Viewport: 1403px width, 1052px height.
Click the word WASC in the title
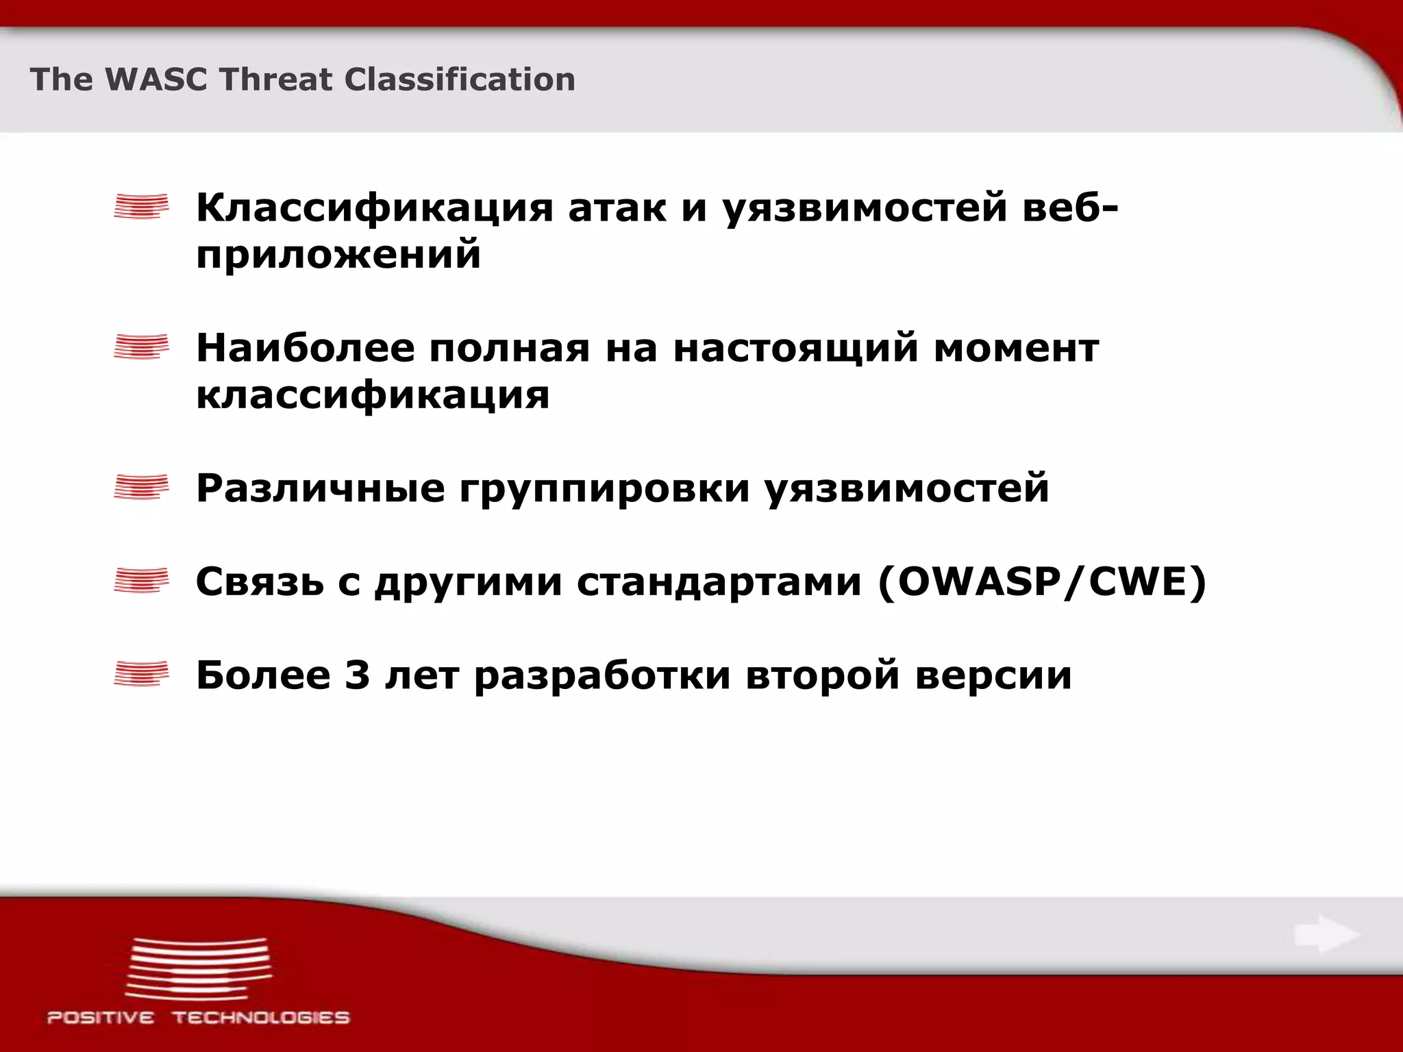(x=155, y=79)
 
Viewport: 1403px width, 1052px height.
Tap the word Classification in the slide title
(x=459, y=79)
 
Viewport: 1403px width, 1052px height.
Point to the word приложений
(x=338, y=255)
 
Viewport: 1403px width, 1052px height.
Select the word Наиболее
(x=305, y=348)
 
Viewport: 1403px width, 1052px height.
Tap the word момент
(x=1016, y=348)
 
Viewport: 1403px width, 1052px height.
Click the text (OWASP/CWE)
(x=1041, y=583)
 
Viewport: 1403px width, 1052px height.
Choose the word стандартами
(x=719, y=583)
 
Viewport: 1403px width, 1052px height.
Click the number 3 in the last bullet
(x=357, y=675)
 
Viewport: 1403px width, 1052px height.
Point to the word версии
(x=993, y=675)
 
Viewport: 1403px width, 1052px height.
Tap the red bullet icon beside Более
(x=141, y=674)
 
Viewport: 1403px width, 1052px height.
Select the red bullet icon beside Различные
(x=141, y=487)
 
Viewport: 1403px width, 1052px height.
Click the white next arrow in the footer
(x=1326, y=934)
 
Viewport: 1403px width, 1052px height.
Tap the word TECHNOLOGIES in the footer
(x=261, y=1018)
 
